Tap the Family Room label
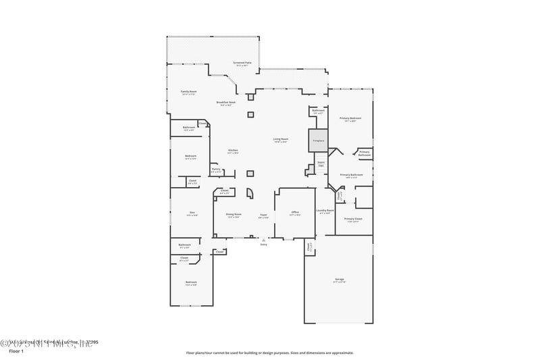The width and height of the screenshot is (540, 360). pos(188,92)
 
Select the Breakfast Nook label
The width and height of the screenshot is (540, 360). pos(225,103)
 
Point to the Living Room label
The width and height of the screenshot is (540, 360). pos(281,139)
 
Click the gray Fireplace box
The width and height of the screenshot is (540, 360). pos(318,140)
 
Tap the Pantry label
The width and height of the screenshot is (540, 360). pos(216,171)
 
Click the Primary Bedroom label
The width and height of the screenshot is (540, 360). pos(350,119)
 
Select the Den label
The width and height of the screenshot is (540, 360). pos(192,213)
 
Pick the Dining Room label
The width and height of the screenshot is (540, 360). pos(234,214)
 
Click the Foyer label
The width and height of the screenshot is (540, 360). pos(264,214)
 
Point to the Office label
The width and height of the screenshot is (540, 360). pos(295,213)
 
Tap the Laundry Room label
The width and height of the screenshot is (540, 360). pos(325,210)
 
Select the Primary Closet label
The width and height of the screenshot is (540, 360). pos(353,219)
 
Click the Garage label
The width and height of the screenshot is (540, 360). pos(339,279)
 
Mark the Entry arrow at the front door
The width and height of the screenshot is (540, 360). pos(264,240)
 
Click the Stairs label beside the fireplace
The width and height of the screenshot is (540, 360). pos(321,163)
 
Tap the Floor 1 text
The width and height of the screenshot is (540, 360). pos(16,351)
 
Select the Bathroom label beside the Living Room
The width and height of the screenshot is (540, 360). pos(318,111)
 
